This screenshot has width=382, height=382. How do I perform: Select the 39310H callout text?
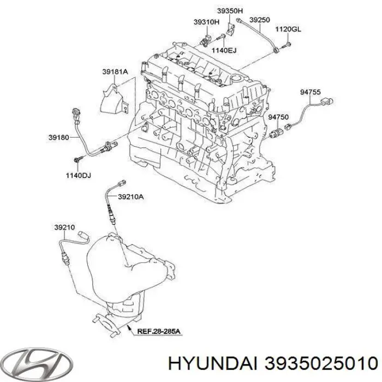tap(206, 22)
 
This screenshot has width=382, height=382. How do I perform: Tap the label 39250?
tap(260, 20)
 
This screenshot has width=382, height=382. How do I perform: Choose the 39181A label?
tap(114, 70)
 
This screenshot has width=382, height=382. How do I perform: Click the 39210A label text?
tap(132, 196)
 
